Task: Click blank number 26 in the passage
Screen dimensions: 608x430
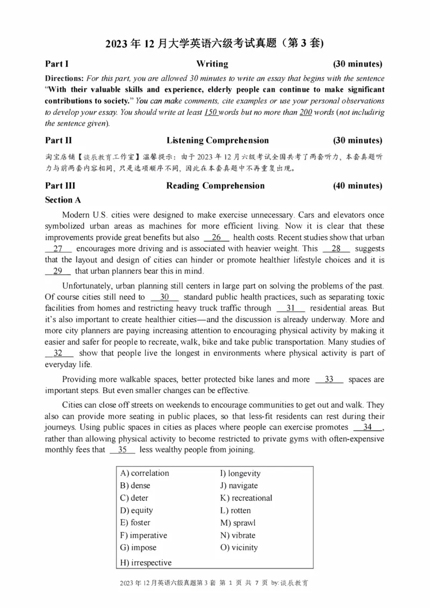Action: (217, 237)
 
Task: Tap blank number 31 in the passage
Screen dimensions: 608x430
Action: (291, 308)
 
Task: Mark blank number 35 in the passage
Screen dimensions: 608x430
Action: (122, 450)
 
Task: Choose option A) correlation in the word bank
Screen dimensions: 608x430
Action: (145, 473)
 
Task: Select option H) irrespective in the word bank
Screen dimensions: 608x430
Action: (146, 562)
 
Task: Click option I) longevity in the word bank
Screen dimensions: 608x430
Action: (240, 473)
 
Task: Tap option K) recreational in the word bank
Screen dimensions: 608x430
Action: (246, 498)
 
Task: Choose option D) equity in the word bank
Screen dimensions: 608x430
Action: (137, 510)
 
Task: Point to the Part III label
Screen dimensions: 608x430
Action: (60, 186)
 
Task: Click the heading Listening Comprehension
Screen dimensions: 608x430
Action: (217, 141)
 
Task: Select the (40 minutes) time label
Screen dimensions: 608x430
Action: (357, 186)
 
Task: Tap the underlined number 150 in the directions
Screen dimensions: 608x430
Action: (211, 112)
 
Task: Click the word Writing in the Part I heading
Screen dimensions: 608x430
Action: (212, 64)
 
